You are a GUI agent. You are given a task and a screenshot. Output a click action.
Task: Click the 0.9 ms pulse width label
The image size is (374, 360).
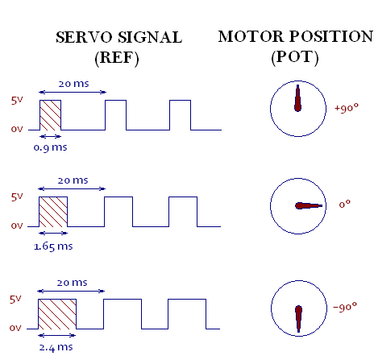click(x=50, y=147)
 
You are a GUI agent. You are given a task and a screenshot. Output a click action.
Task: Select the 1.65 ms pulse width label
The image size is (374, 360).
click(x=53, y=246)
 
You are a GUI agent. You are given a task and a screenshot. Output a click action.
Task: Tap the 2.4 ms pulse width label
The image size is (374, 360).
click(x=56, y=347)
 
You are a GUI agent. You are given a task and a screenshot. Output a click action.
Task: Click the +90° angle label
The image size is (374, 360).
click(x=347, y=108)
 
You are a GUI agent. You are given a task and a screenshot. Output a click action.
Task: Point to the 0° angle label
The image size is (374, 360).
click(x=345, y=205)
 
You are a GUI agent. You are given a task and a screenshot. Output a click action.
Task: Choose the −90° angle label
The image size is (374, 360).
click(x=345, y=307)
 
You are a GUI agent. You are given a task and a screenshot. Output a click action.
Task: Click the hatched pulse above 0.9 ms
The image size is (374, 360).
click(x=51, y=115)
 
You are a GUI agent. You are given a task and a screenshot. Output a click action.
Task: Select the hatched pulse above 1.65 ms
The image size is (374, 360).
click(x=53, y=212)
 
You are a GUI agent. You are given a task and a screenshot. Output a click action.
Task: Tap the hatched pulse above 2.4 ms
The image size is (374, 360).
click(x=57, y=314)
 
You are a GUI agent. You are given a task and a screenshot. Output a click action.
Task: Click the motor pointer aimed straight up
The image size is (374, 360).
click(x=297, y=99)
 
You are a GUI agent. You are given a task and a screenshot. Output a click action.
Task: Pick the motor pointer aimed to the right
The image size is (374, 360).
click(x=309, y=206)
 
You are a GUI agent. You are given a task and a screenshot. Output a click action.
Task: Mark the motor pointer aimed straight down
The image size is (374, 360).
click(x=298, y=318)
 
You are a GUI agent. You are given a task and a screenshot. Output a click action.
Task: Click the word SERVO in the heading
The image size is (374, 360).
click(x=84, y=37)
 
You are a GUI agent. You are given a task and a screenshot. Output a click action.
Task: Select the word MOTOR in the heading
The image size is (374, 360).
click(x=251, y=36)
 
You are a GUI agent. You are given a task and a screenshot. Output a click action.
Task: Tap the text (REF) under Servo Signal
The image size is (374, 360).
click(x=117, y=58)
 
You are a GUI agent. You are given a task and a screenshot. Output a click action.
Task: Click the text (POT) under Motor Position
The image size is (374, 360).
click(x=295, y=57)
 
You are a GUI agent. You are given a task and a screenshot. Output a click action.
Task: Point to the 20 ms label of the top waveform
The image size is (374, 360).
click(x=73, y=84)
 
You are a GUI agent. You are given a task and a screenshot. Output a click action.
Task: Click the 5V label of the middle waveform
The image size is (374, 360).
click(x=17, y=197)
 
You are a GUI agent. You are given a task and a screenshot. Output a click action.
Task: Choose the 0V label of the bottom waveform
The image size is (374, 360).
click(x=15, y=328)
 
